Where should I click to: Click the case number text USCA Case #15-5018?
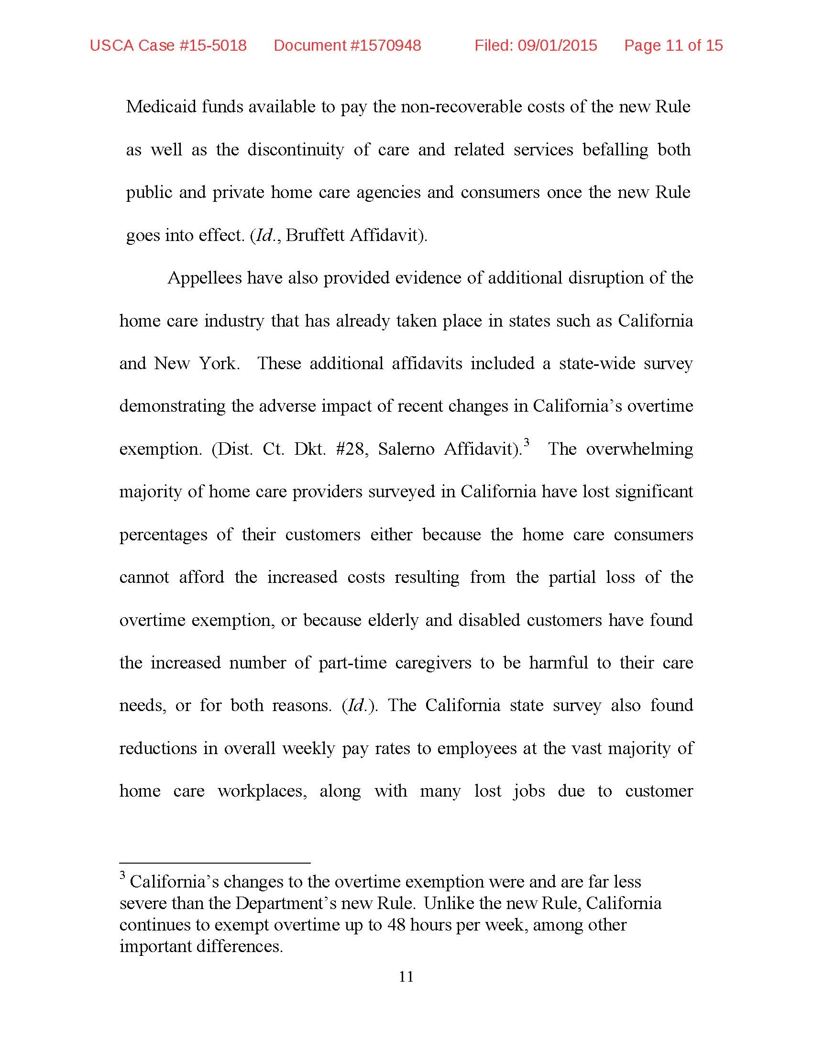[168, 45]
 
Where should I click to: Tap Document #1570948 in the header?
[347, 45]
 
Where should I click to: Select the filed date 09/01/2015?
[557, 45]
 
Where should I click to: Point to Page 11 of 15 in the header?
[673, 45]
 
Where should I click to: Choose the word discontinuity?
[295, 150]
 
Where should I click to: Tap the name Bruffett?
[315, 235]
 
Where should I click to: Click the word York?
[219, 363]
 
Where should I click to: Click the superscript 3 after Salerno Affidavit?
[527, 442]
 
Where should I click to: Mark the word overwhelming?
[639, 449]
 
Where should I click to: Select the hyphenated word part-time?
[352, 663]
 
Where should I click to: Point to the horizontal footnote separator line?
[215, 863]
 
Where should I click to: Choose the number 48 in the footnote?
[396, 925]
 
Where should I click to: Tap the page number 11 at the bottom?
[406, 976]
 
